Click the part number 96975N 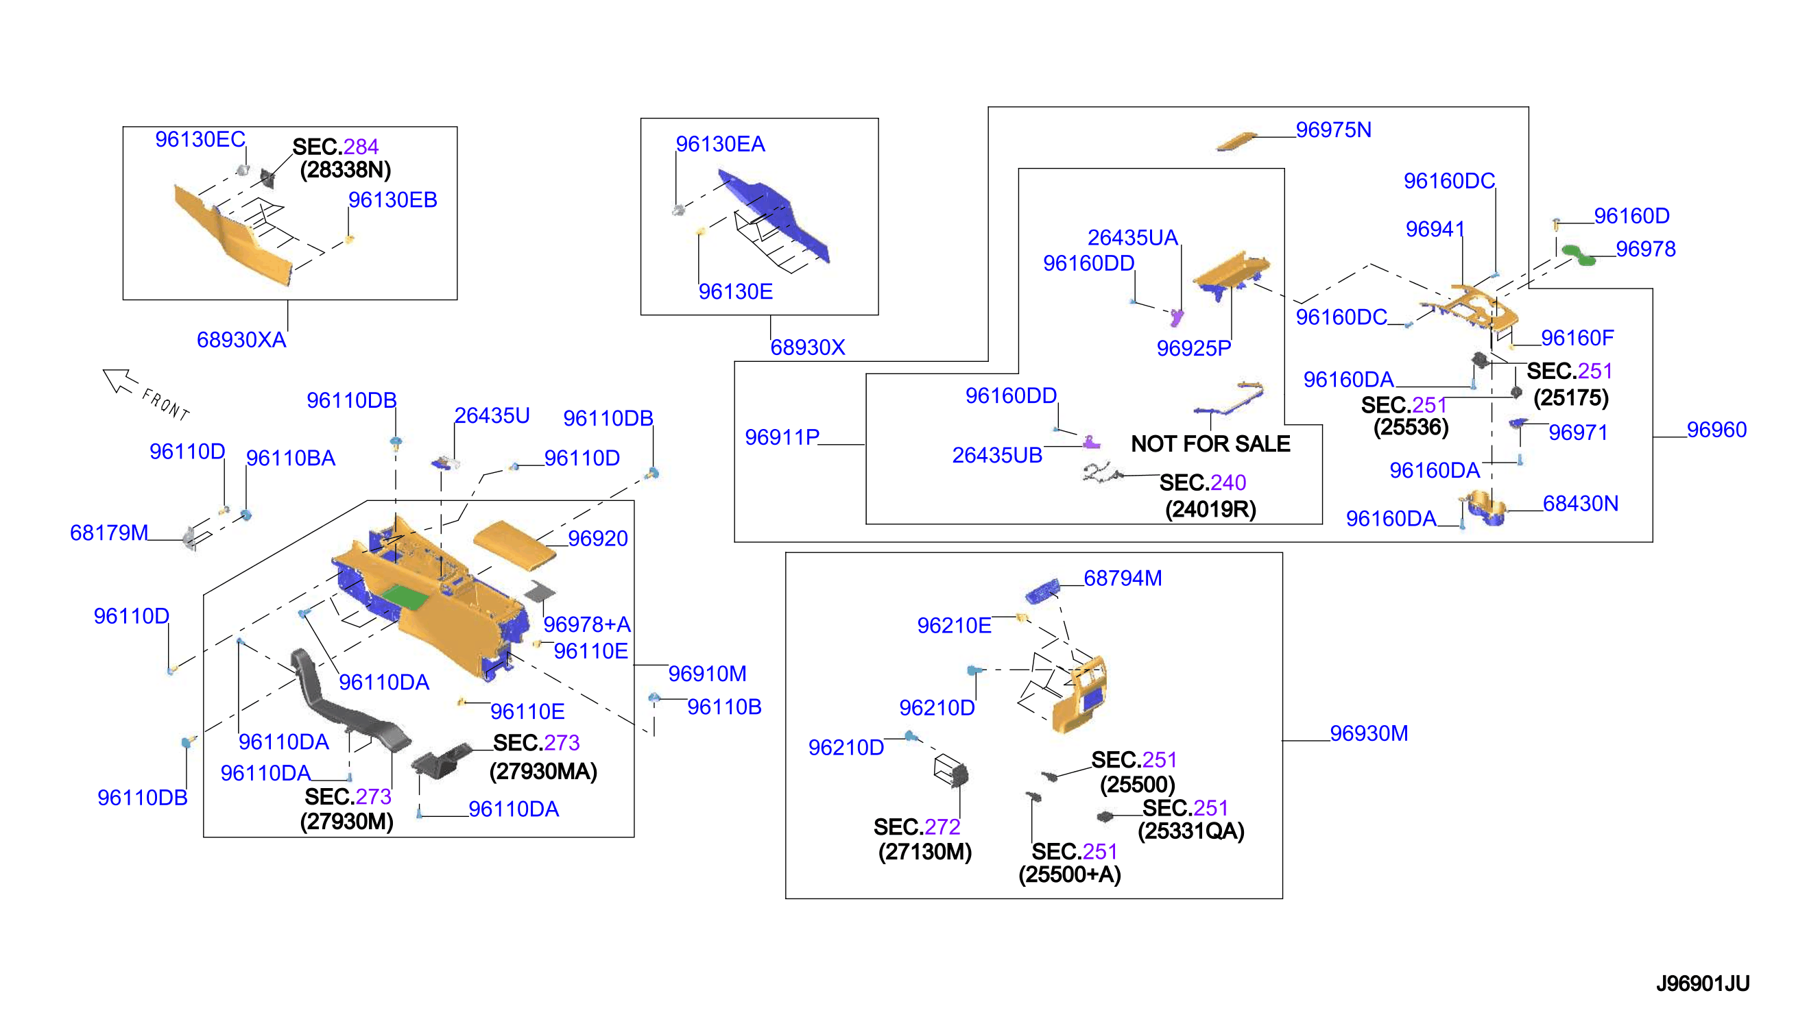1332,130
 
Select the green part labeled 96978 1578,255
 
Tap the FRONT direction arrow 119,380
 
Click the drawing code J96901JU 1702,983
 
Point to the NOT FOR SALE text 1210,443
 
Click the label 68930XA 241,339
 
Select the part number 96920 597,539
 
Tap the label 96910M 707,674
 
